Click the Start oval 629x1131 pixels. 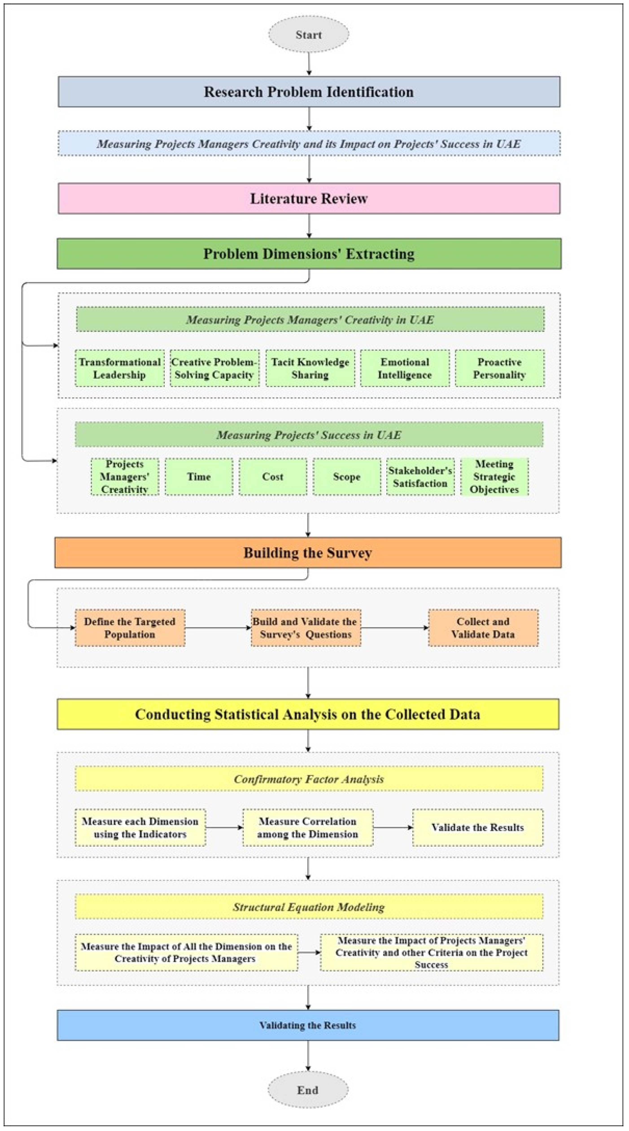309,35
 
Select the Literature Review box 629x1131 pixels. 309,198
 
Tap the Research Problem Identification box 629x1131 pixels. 309,92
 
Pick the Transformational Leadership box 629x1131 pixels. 120,368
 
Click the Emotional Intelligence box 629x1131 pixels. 404,368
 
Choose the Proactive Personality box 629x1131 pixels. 499,368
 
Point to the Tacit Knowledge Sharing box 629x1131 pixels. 310,368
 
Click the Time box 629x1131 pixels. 199,477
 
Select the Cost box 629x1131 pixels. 273,477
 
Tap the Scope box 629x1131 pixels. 347,477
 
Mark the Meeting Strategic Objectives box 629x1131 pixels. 494,477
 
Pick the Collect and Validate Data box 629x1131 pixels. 483,628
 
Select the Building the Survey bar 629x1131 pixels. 308,553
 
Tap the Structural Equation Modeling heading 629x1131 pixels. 309,907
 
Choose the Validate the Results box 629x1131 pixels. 477,828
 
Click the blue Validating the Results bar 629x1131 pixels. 308,1025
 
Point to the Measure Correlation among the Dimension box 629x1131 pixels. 308,828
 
